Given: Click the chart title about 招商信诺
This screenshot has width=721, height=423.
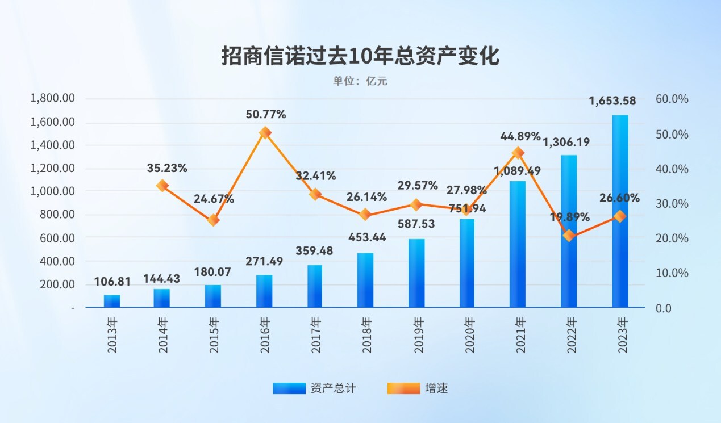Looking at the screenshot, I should point(360,57).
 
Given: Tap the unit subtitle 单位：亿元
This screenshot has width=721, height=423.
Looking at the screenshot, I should point(360,81).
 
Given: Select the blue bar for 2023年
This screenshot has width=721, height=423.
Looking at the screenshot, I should point(620,211).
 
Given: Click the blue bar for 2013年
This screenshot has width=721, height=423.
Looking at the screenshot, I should point(112,301).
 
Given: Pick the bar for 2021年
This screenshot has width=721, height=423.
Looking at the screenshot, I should point(518,244).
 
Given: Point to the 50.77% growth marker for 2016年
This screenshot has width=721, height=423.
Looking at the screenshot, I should point(265,133).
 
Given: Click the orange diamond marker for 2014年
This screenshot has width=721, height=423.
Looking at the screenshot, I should point(162,186).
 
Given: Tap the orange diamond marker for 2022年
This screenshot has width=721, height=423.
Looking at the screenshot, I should point(569,236).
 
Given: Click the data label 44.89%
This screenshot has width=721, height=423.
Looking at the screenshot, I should point(520,136).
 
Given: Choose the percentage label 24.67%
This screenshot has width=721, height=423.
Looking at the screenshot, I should point(213,199).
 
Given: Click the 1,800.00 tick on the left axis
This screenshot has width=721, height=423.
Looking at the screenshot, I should point(52,99).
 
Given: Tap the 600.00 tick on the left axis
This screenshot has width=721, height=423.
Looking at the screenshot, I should point(57,238).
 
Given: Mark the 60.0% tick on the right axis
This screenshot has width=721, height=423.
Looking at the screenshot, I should point(672,99).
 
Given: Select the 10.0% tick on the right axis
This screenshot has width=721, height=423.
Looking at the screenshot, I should point(672,273).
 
